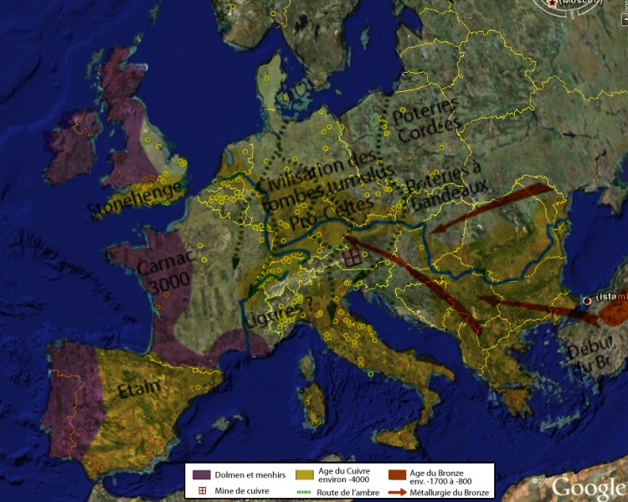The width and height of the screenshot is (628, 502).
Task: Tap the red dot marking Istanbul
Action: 588,300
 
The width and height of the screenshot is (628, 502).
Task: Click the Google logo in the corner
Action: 588,487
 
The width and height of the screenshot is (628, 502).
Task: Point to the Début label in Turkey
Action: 596,345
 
